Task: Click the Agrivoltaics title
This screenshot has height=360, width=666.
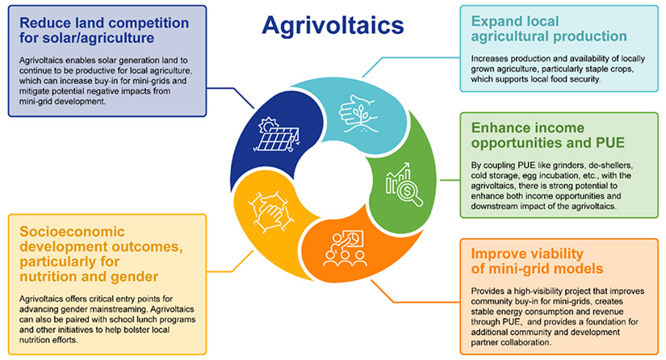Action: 332,26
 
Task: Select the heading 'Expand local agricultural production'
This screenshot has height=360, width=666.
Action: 548,28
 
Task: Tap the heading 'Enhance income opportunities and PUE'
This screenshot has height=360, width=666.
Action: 547,136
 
